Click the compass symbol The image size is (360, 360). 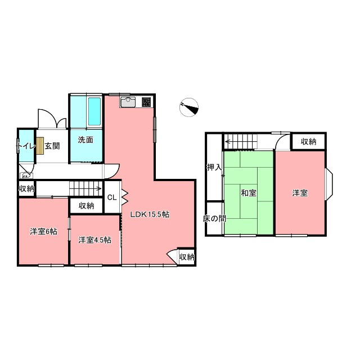189,107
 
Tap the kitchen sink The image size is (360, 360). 128,102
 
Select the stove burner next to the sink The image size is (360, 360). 146,102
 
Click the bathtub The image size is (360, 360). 94,111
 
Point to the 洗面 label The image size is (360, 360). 85,139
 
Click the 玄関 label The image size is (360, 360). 52,146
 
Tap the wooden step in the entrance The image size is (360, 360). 40,146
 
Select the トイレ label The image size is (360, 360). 27,146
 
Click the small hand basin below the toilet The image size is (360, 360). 26,176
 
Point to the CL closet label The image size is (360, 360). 112,197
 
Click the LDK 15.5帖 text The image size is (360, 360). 150,214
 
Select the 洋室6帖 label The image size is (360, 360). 44,231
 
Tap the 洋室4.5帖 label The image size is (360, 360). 95,240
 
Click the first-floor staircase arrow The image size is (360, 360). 85,189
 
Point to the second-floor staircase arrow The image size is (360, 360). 241,141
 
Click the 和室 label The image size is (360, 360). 249,193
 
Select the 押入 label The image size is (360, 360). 214,167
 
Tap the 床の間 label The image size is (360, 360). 214,218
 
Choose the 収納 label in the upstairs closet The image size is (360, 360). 309,141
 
